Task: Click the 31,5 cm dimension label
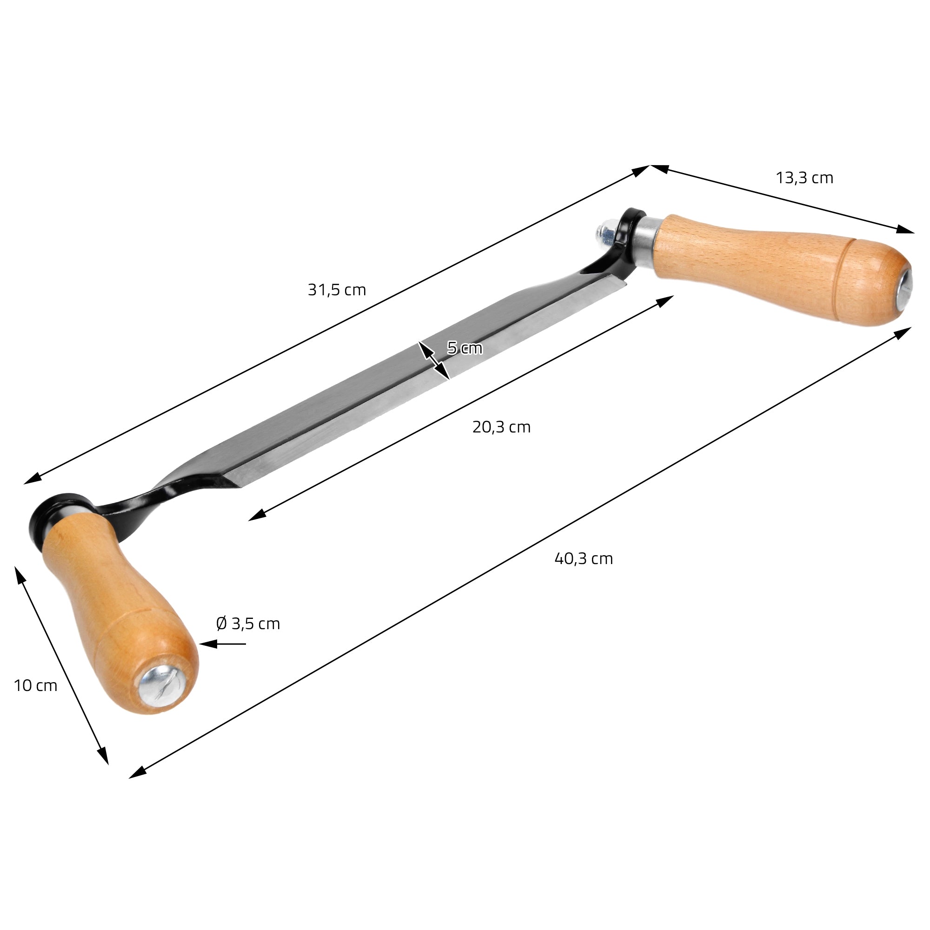(337, 290)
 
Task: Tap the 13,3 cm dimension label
(804, 178)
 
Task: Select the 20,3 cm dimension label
(501, 427)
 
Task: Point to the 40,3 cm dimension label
(584, 558)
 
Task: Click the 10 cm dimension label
(36, 685)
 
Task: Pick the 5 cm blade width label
(465, 347)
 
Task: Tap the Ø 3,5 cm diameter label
(248, 624)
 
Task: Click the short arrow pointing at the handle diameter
(222, 644)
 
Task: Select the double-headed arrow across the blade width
(434, 360)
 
